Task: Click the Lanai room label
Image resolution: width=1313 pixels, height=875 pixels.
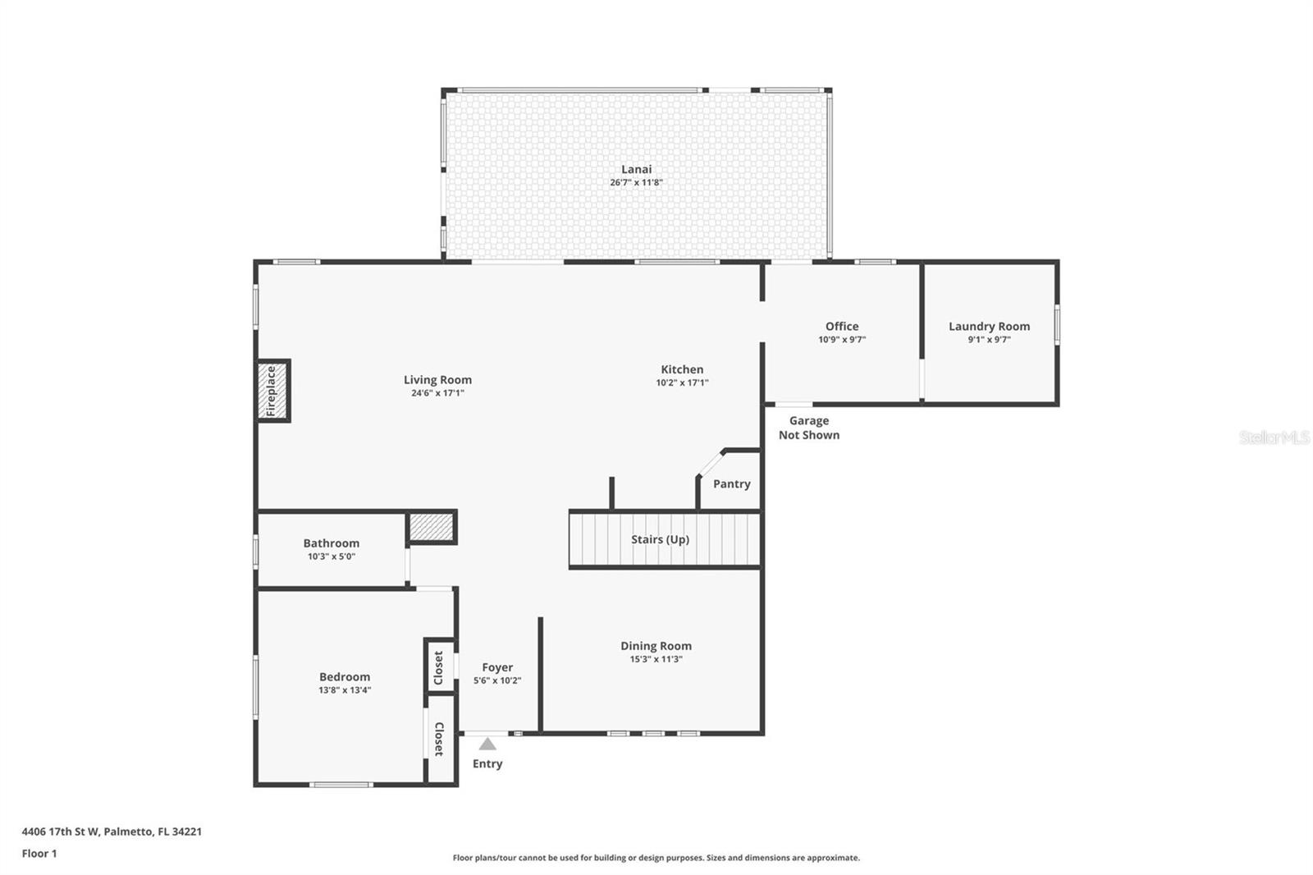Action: pyautogui.click(x=636, y=169)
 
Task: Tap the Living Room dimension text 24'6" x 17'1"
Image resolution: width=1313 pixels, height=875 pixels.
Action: pyautogui.click(x=437, y=393)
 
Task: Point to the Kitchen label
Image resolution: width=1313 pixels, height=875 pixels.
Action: pyautogui.click(x=682, y=369)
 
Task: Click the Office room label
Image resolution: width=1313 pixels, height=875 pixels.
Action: pyautogui.click(x=842, y=326)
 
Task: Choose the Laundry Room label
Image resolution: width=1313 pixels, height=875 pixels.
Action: pyautogui.click(x=989, y=326)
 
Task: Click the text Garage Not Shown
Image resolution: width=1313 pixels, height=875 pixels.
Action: pyautogui.click(x=808, y=428)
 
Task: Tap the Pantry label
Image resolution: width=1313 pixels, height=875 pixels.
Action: pyautogui.click(x=731, y=483)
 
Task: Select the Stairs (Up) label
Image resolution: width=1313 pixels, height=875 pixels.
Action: pyautogui.click(x=660, y=539)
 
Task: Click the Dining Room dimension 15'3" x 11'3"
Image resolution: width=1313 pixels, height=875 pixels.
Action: pyautogui.click(x=656, y=659)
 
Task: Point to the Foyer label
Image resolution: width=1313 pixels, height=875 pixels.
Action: pyautogui.click(x=497, y=667)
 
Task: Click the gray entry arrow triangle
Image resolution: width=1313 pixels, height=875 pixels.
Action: pyautogui.click(x=487, y=744)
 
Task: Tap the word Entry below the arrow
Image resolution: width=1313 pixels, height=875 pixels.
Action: pyautogui.click(x=487, y=763)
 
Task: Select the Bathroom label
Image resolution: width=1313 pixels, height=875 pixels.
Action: pyautogui.click(x=331, y=543)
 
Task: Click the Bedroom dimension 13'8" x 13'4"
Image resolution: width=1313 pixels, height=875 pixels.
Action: pyautogui.click(x=345, y=690)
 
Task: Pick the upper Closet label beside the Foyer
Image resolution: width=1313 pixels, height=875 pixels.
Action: pyautogui.click(x=438, y=667)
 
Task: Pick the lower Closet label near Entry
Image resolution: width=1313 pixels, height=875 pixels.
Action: pyautogui.click(x=438, y=739)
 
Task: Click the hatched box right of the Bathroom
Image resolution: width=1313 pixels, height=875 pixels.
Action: pyautogui.click(x=432, y=527)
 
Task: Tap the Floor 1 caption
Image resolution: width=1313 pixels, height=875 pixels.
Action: pyautogui.click(x=39, y=853)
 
